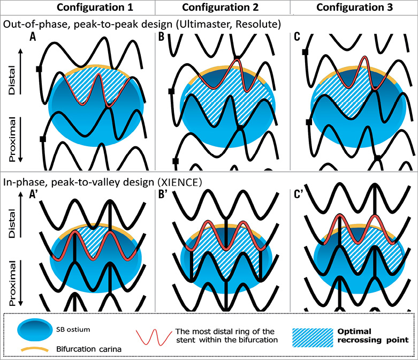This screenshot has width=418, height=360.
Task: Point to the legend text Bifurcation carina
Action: (81, 346)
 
